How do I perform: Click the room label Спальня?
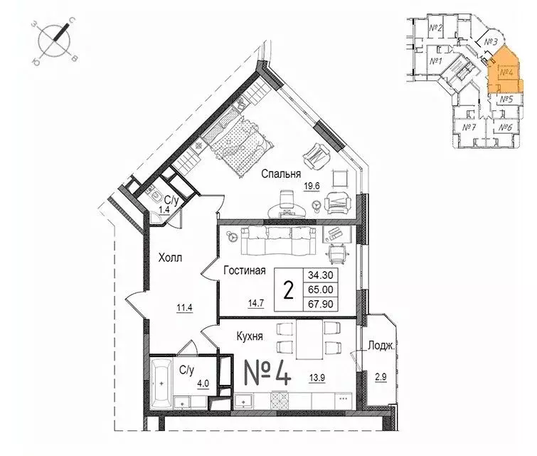[280, 174]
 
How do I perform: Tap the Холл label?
[170, 259]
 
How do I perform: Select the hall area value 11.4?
[186, 308]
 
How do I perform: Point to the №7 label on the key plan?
[468, 128]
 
